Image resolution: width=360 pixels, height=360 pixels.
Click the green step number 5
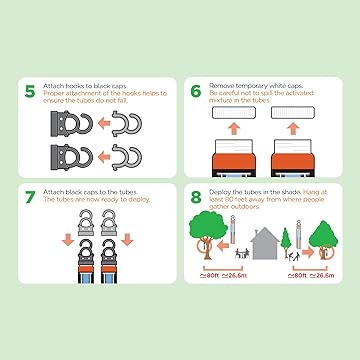point(30,91)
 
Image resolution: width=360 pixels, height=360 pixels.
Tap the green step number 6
point(196,91)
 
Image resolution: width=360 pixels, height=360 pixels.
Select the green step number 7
point(30,197)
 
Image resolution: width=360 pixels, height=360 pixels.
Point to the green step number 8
point(196,197)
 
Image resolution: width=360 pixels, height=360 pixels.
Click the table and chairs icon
point(243,253)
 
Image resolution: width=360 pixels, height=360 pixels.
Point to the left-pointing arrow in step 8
point(223,246)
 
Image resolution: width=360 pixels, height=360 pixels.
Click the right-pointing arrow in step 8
point(308,252)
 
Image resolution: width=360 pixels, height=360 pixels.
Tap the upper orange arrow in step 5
point(104,124)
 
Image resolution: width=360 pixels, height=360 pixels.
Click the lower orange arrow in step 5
point(104,157)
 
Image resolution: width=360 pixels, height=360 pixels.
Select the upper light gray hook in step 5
point(127,124)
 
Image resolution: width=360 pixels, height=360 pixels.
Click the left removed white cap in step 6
point(234,113)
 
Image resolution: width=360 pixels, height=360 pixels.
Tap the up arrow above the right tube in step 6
point(293,128)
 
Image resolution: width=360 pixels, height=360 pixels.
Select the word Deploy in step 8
point(219,192)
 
